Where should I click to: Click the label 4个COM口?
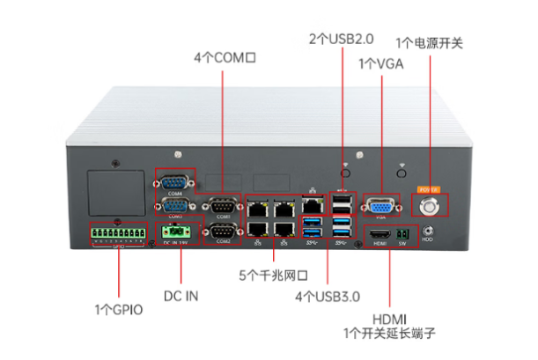224,58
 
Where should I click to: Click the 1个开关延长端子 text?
390,334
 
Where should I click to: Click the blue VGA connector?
381,204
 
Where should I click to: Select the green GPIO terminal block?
117,235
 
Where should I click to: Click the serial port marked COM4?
172,182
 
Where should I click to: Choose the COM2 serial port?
221,231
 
